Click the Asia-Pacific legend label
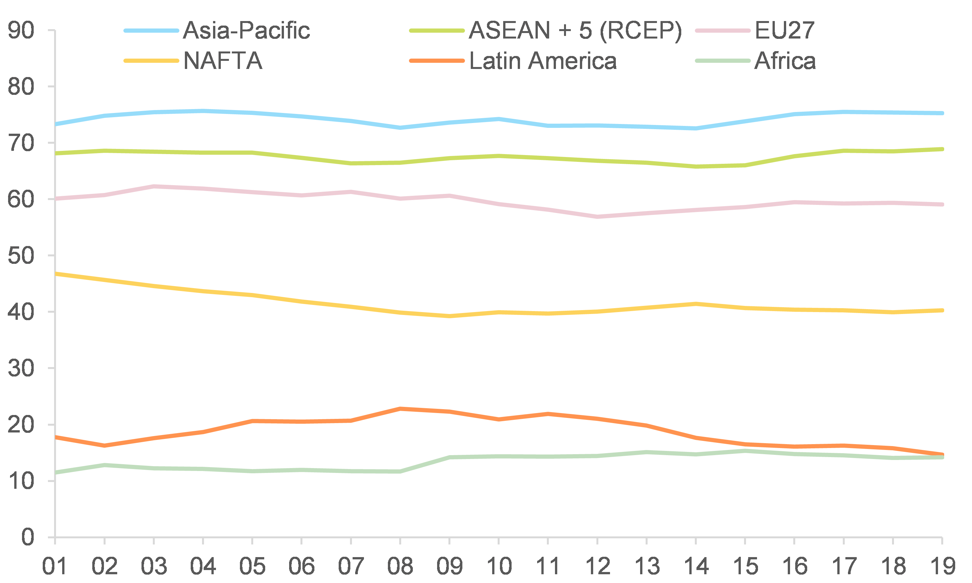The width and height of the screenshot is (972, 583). coord(246,31)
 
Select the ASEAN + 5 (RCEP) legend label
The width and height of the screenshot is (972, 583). coord(575,31)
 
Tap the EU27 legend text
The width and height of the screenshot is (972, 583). coord(785,31)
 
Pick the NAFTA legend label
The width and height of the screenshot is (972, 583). coord(223,61)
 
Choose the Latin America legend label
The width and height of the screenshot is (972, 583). coord(543,61)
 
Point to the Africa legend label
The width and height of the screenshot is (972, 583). coord(785,61)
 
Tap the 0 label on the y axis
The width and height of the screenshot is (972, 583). coord(28,537)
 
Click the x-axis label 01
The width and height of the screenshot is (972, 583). coord(55,566)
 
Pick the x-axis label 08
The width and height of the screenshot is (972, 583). coord(400,566)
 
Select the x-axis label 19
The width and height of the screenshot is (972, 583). coord(943,566)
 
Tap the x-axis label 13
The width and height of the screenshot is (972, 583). coord(647,566)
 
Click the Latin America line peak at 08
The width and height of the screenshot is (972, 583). coord(400,409)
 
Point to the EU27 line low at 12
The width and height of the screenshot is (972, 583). coord(597,217)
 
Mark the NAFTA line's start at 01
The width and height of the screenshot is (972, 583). coord(56,274)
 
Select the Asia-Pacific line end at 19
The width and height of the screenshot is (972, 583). coord(942,113)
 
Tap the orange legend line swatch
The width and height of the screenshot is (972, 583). coord(436,61)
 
